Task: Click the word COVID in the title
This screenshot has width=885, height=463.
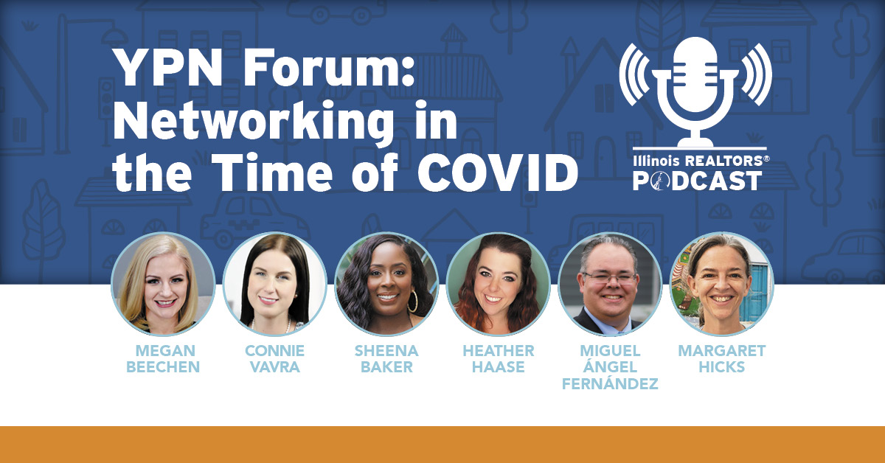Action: click(x=498, y=173)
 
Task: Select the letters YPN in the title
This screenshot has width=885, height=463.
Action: click(x=169, y=68)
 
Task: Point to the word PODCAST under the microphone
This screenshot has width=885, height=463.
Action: click(x=698, y=181)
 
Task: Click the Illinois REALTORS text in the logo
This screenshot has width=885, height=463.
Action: click(x=701, y=161)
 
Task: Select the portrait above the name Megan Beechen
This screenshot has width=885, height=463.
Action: click(x=163, y=284)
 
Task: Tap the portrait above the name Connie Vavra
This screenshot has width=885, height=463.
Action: click(x=275, y=284)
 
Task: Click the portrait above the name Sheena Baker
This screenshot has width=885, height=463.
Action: click(x=386, y=284)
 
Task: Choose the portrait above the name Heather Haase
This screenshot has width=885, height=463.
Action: click(x=499, y=284)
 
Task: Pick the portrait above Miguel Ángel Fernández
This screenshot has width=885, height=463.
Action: click(x=610, y=284)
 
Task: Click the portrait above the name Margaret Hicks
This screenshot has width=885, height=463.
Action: click(x=722, y=284)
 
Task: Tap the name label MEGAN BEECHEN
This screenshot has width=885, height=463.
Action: click(x=163, y=359)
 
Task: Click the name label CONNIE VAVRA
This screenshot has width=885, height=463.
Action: click(x=275, y=359)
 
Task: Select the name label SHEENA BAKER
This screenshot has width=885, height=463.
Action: click(x=386, y=359)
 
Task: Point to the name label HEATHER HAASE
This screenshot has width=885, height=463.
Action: click(x=499, y=359)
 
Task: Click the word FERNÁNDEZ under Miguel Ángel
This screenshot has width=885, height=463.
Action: click(x=610, y=383)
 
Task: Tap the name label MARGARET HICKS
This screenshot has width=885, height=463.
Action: click(x=722, y=359)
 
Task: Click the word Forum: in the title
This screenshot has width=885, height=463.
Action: click(x=329, y=68)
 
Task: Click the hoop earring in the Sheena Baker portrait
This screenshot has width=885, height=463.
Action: click(x=412, y=302)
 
